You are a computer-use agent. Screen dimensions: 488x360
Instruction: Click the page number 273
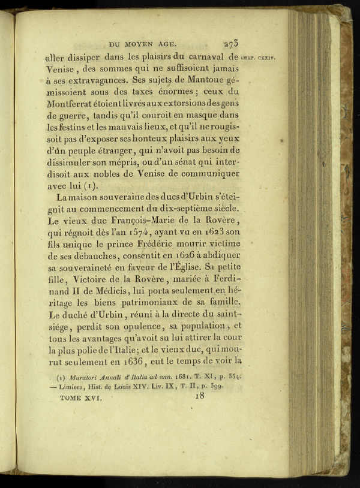click(x=230, y=44)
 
